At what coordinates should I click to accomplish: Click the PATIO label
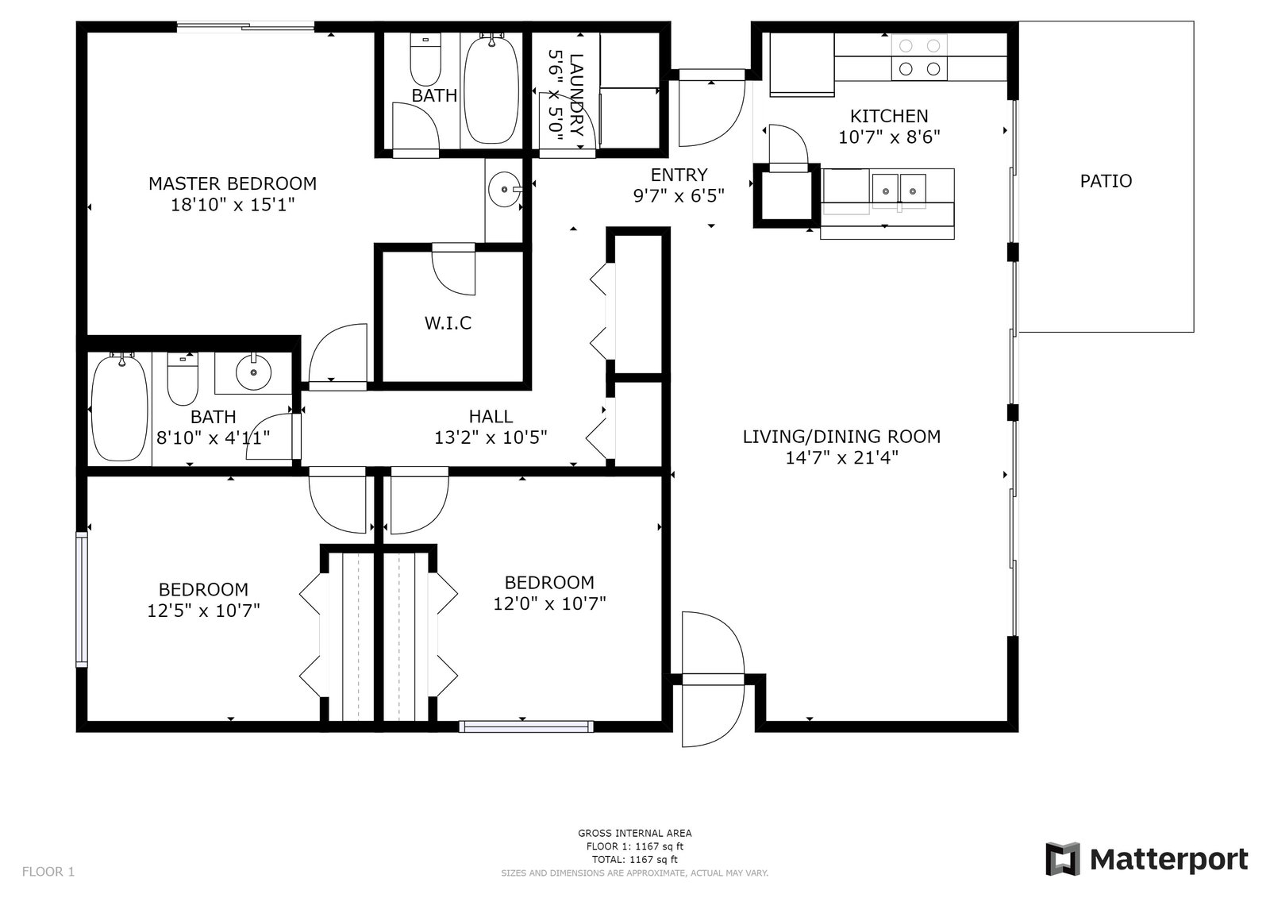pyautogui.click(x=1106, y=181)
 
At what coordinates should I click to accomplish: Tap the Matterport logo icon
pyautogui.click(x=1063, y=859)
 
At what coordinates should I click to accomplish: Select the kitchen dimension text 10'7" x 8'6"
pyautogui.click(x=889, y=137)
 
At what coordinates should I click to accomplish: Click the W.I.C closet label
pyautogui.click(x=448, y=323)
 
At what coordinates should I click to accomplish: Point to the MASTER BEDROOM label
pyautogui.click(x=233, y=183)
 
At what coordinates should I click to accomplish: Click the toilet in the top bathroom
pyautogui.click(x=425, y=60)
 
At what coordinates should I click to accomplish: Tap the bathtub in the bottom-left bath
pyautogui.click(x=120, y=407)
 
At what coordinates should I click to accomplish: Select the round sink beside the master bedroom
pyautogui.click(x=503, y=189)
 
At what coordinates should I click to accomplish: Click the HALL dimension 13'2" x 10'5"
pyautogui.click(x=491, y=437)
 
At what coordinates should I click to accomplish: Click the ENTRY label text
pyautogui.click(x=679, y=175)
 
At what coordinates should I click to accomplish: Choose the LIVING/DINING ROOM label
pyautogui.click(x=841, y=436)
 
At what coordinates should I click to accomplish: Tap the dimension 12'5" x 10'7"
pyautogui.click(x=203, y=611)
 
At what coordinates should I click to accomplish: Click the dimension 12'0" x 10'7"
pyautogui.click(x=549, y=603)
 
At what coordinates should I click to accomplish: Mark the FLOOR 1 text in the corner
pyautogui.click(x=48, y=872)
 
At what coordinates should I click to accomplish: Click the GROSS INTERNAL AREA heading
pyautogui.click(x=634, y=834)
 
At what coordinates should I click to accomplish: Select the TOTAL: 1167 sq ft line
pyautogui.click(x=634, y=859)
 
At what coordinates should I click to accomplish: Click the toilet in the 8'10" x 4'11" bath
pyautogui.click(x=183, y=379)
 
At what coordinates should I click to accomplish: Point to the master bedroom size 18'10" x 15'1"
pyautogui.click(x=233, y=205)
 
